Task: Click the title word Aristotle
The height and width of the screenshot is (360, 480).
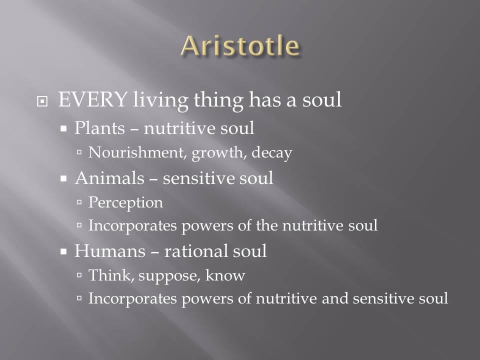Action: (240, 46)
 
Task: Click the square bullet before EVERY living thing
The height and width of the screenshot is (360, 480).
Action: (42, 101)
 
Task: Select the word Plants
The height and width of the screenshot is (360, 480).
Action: (99, 127)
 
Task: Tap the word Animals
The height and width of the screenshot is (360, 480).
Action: (109, 178)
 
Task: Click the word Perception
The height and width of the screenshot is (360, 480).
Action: (125, 202)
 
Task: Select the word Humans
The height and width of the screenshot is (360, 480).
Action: (110, 250)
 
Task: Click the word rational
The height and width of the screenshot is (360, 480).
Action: (196, 250)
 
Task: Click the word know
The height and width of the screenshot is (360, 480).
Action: (225, 275)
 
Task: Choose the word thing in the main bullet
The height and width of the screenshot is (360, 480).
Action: (218, 100)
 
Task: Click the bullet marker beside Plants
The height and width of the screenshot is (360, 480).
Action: (63, 128)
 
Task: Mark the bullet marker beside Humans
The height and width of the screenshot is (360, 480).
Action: (63, 251)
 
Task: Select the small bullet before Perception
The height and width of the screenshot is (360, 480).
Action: (79, 202)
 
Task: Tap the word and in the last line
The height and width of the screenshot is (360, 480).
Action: (335, 298)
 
